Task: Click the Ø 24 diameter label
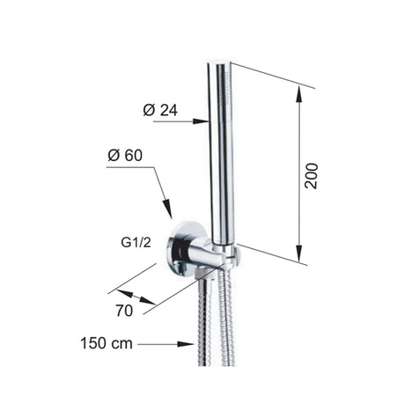(x=160, y=110)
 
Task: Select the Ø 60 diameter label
(x=125, y=155)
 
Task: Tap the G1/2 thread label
(x=136, y=243)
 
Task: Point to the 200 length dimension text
(x=312, y=176)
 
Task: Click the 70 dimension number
(x=124, y=311)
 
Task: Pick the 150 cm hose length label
(x=106, y=343)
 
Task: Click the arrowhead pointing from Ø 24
(x=201, y=121)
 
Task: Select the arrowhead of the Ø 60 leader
(x=167, y=209)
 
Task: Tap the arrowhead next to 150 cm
(x=186, y=344)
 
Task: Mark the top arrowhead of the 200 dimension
(x=298, y=94)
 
